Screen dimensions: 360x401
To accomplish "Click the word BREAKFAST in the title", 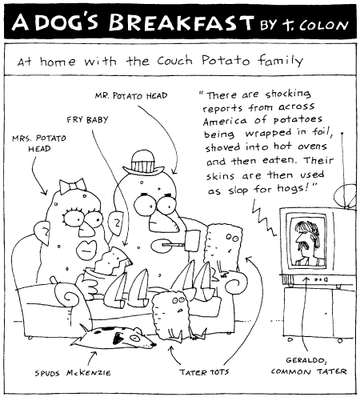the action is point(181,22).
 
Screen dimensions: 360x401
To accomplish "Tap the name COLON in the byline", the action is point(323,26).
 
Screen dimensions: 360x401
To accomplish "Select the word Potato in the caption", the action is point(226,60).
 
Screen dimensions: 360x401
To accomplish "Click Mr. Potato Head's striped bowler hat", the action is point(143,162).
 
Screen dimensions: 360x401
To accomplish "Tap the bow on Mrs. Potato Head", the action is point(73,186).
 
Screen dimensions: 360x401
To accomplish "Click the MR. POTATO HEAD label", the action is point(131,95).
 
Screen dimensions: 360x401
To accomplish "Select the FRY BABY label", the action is point(87,119).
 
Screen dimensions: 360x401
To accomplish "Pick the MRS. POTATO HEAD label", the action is point(39,143).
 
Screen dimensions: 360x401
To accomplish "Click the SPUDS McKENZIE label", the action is point(73,373).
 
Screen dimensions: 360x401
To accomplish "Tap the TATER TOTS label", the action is point(204,371).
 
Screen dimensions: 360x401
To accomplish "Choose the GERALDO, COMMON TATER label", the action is point(309,366).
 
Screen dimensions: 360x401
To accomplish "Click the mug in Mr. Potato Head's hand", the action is point(193,240).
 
